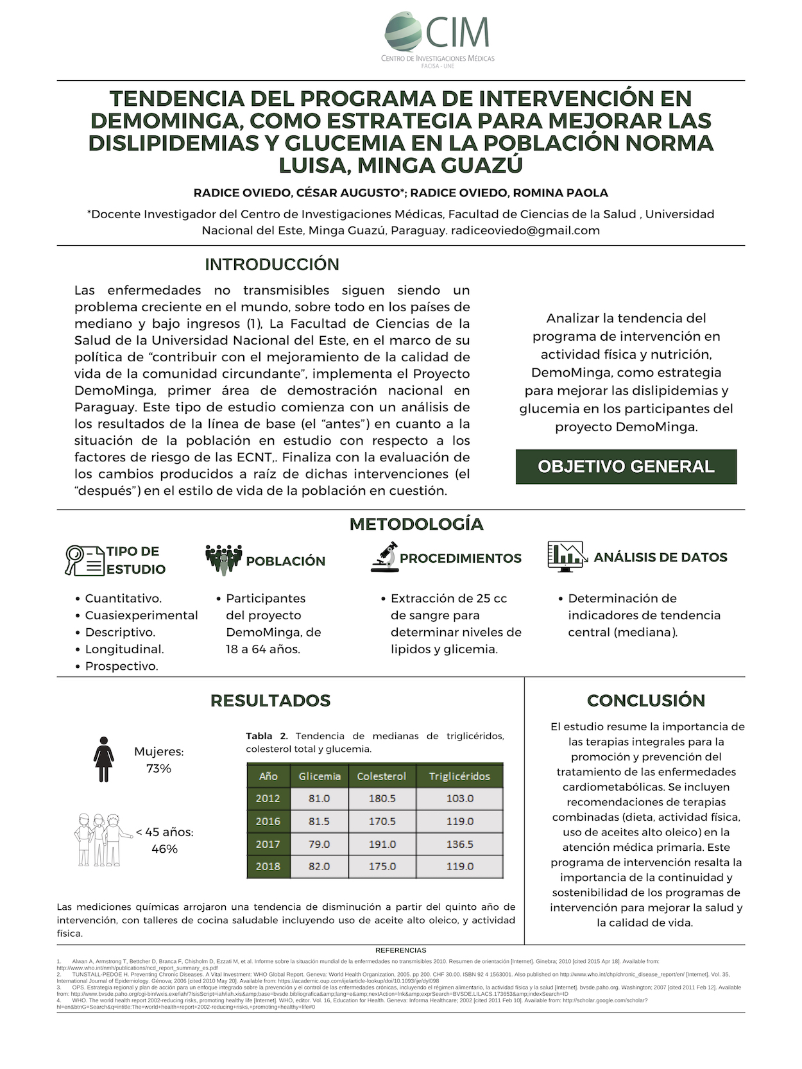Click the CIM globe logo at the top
pos(403,31)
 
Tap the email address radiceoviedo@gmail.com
pos(525,230)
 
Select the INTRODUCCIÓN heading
pos(272,264)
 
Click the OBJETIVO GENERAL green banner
pos(626,466)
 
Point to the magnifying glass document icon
pos(84,560)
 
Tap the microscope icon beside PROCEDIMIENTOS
pos(384,557)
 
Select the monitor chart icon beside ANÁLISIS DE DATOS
pos(567,556)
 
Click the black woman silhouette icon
pos(103,759)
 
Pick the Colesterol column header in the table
pos(382,776)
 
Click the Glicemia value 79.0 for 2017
pos(319,844)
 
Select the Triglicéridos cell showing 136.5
pos(459,844)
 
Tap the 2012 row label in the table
pos(268,799)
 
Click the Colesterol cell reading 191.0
pos(382,844)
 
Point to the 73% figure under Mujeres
pos(158,769)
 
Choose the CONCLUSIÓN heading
pos(645,700)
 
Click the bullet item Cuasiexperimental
pos(141,615)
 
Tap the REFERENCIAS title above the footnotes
pos(400,950)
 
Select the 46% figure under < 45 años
pos(164,849)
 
